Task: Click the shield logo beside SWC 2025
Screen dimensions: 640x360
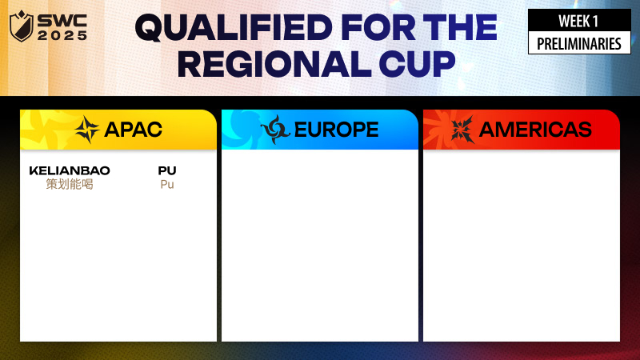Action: click(21, 26)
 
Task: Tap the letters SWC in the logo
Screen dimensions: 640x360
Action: click(62, 22)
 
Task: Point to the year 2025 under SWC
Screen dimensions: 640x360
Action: click(62, 36)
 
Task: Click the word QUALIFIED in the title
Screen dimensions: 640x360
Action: click(234, 28)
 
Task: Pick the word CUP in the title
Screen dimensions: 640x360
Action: click(417, 64)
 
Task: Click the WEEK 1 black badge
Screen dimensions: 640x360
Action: click(579, 21)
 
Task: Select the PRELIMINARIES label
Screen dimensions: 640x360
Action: click(579, 44)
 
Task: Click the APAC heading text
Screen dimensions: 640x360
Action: click(133, 130)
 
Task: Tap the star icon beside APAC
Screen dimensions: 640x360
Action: click(87, 130)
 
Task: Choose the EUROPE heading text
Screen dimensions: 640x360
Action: click(336, 130)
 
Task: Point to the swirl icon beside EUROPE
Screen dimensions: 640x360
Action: click(275, 130)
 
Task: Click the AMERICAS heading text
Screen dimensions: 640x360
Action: click(535, 130)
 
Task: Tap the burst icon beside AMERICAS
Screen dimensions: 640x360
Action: click(462, 130)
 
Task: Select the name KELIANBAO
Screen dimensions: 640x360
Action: click(70, 170)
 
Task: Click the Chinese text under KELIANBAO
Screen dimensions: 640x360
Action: click(70, 185)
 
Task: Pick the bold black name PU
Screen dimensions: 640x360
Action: click(167, 170)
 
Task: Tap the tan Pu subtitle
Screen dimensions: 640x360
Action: click(167, 185)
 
